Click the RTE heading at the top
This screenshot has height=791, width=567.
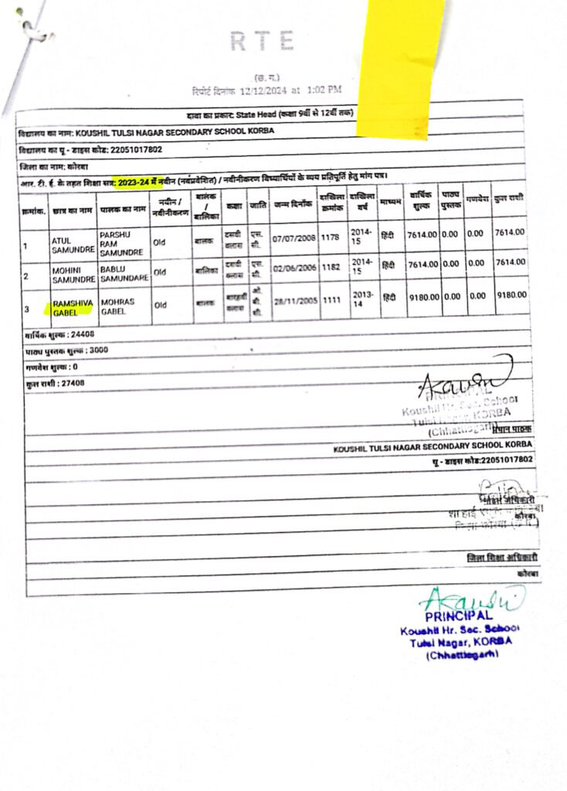262,41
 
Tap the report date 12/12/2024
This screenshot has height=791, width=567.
265,90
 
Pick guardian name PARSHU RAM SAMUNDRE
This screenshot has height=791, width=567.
122,243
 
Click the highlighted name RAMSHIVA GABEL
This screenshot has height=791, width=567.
71,309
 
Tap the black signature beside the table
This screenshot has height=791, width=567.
463,379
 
